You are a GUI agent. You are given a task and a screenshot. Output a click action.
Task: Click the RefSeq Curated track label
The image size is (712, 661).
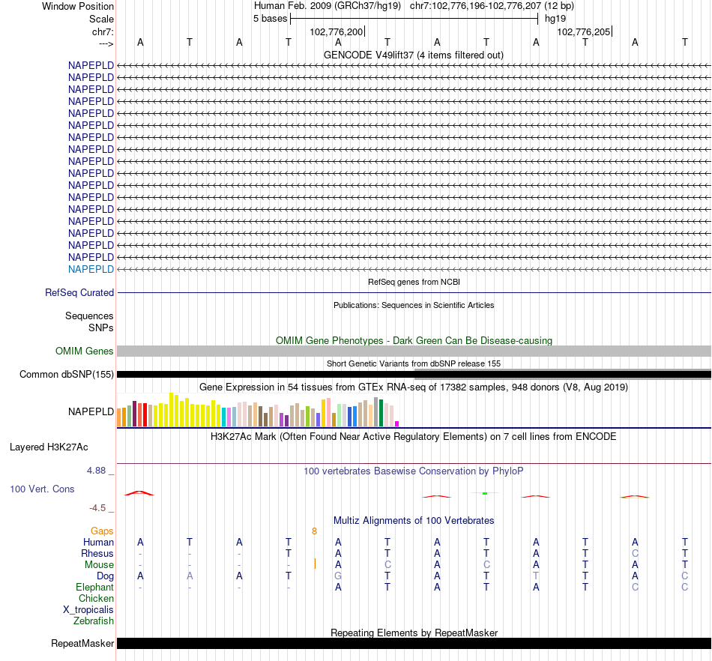79,293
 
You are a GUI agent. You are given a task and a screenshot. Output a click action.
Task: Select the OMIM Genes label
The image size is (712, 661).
85,351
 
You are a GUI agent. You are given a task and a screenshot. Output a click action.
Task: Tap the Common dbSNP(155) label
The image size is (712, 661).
67,375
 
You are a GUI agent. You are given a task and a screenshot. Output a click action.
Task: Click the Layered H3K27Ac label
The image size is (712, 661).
49,447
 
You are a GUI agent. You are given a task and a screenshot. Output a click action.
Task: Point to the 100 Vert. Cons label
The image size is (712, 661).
42,489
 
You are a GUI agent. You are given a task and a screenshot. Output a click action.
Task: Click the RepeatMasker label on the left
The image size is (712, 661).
82,644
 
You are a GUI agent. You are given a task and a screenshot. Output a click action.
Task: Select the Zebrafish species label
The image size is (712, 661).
94,621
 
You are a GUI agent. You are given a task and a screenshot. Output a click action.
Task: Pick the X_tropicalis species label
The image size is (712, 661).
88,610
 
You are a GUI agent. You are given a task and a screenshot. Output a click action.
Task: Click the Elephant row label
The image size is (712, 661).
94,588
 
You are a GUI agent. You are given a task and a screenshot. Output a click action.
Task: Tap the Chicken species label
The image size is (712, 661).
96,599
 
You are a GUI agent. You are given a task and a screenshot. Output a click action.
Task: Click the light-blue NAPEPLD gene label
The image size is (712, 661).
91,269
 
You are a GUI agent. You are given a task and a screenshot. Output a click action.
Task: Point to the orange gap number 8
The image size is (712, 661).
315,531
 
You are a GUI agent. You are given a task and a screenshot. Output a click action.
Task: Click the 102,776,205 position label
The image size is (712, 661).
584,31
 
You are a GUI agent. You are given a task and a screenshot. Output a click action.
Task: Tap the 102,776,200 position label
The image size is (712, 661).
337,31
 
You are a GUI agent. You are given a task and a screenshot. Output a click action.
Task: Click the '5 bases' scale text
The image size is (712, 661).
270,18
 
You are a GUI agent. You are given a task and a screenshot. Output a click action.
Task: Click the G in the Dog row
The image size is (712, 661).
338,576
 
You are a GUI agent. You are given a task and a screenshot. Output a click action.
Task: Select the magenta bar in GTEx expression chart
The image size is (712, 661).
396,423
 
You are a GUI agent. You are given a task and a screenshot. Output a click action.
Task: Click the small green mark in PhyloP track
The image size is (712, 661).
485,493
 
